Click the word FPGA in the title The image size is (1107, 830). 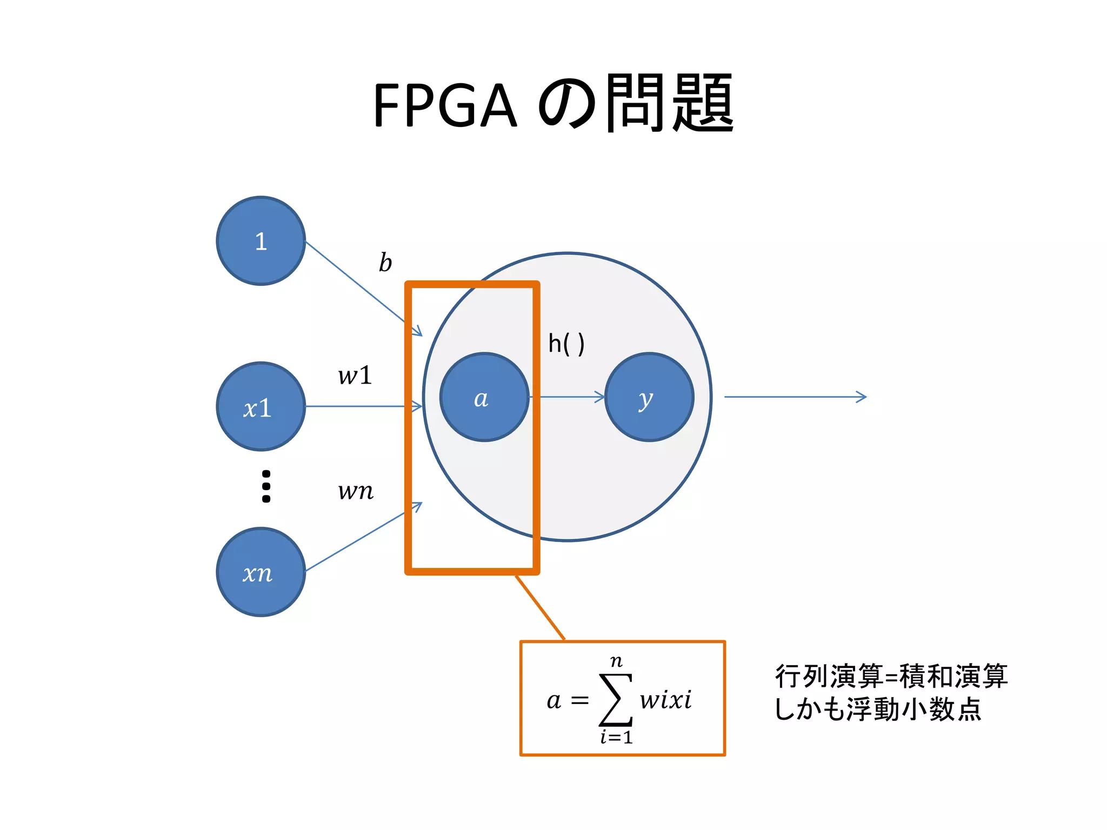[x=444, y=105]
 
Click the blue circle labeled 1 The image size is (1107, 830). [x=261, y=241]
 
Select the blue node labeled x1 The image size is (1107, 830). [x=261, y=406]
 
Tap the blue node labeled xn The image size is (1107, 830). [x=261, y=572]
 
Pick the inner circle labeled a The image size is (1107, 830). [x=484, y=397]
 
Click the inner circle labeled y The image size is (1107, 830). [x=649, y=397]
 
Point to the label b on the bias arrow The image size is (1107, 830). [x=385, y=263]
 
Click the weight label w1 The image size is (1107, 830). [x=355, y=376]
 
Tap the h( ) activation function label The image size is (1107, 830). [x=566, y=344]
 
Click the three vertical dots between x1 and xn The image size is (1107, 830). [x=266, y=486]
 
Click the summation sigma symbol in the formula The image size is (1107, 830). [x=616, y=700]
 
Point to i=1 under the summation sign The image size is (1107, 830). [x=616, y=737]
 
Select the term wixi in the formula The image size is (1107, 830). [x=665, y=700]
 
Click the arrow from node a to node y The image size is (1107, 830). [x=568, y=397]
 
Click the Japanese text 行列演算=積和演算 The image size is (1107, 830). [x=891, y=676]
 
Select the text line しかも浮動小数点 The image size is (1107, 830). [x=877, y=709]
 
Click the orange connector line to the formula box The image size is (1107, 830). [x=540, y=607]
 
